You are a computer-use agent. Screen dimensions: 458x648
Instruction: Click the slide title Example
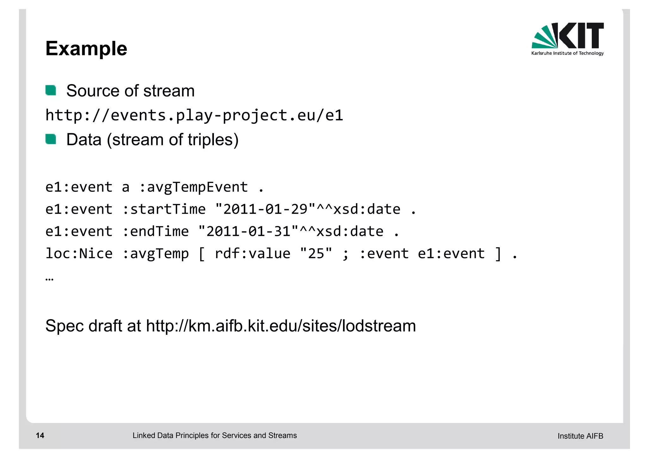click(86, 49)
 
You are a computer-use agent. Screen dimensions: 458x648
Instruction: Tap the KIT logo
click(567, 39)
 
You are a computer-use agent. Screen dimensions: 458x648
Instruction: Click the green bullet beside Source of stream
click(51, 90)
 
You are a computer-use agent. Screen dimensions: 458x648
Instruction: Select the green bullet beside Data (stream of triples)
click(51, 139)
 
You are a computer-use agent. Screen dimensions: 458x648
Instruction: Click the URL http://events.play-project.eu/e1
click(194, 115)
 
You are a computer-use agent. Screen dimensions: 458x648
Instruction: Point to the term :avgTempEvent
click(193, 187)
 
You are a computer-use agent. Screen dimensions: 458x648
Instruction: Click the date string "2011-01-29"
click(265, 209)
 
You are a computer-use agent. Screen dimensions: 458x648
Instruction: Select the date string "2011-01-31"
click(248, 231)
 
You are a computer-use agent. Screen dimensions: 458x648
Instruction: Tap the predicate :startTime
click(164, 209)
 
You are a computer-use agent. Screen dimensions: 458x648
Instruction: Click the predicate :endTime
click(155, 231)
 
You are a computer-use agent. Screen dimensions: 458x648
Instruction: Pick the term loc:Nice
click(79, 254)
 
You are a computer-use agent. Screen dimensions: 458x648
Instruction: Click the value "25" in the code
click(316, 254)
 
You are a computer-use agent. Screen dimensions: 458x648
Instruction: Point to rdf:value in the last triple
click(252, 254)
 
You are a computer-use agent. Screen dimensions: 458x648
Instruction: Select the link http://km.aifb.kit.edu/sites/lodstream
click(281, 326)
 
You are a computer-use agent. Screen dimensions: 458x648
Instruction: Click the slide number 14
click(40, 436)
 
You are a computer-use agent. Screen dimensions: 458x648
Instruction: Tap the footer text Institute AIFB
click(580, 436)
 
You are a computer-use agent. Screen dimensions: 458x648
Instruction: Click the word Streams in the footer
click(282, 436)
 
